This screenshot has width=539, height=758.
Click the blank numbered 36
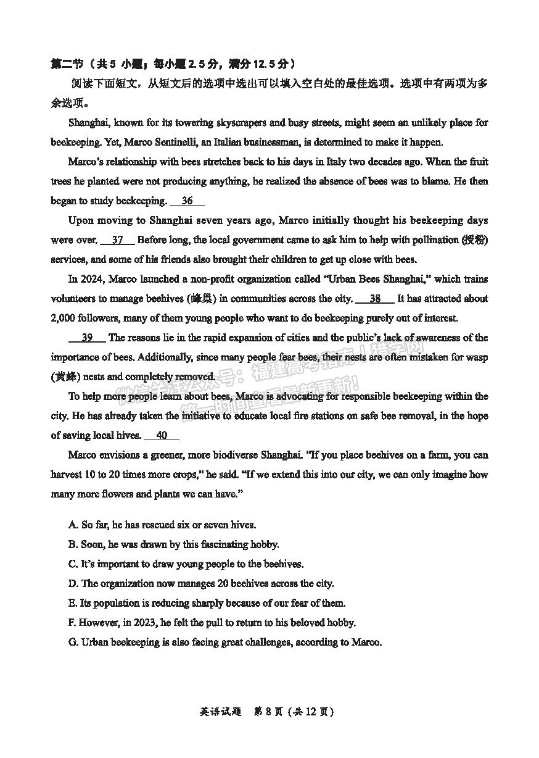pyautogui.click(x=187, y=201)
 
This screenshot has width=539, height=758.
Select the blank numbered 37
pyautogui.click(x=117, y=240)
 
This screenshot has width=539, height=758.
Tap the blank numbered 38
pyautogui.click(x=375, y=299)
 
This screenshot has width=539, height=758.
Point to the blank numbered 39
pyautogui.click(x=87, y=338)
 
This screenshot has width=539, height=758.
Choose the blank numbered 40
pyautogui.click(x=162, y=436)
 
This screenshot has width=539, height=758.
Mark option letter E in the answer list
pyautogui.click(x=73, y=603)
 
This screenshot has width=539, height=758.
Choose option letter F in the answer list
pyautogui.click(x=73, y=623)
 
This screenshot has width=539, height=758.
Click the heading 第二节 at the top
pyautogui.click(x=66, y=64)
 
